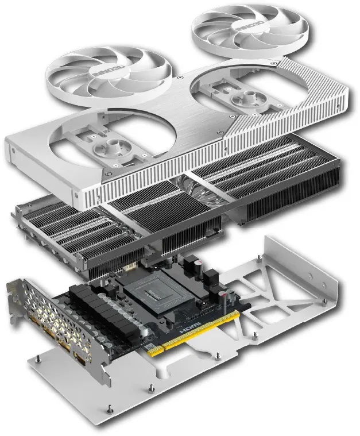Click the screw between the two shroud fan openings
point(180,76)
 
